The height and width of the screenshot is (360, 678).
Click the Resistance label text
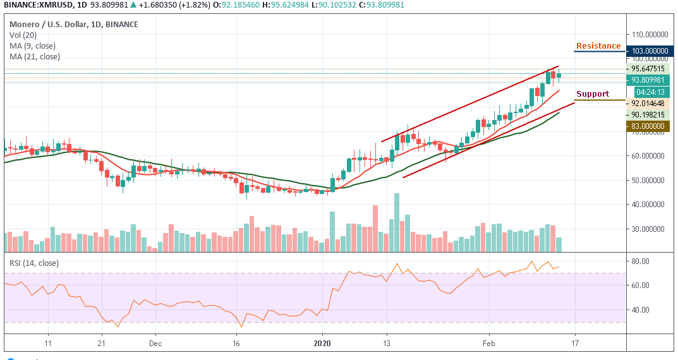pos(598,46)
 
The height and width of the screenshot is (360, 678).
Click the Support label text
pos(593,94)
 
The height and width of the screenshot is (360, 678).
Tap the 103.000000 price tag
pos(648,51)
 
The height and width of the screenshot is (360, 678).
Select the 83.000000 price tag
pos(648,126)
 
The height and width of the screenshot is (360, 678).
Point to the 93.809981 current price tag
pos(648,80)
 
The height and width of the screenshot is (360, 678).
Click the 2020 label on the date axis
pos(322,344)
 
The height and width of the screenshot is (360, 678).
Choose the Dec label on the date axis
pos(156,344)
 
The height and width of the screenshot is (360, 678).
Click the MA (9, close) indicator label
pos(32,45)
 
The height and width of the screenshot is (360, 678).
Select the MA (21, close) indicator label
pos(35,56)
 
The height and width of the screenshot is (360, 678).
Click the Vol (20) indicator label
pos(21,35)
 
